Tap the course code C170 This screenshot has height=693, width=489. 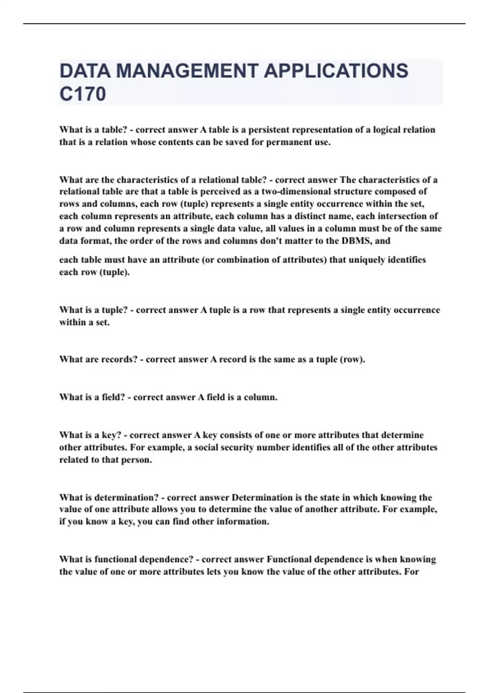click(83, 94)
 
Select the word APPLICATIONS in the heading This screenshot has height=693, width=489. click(336, 71)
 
